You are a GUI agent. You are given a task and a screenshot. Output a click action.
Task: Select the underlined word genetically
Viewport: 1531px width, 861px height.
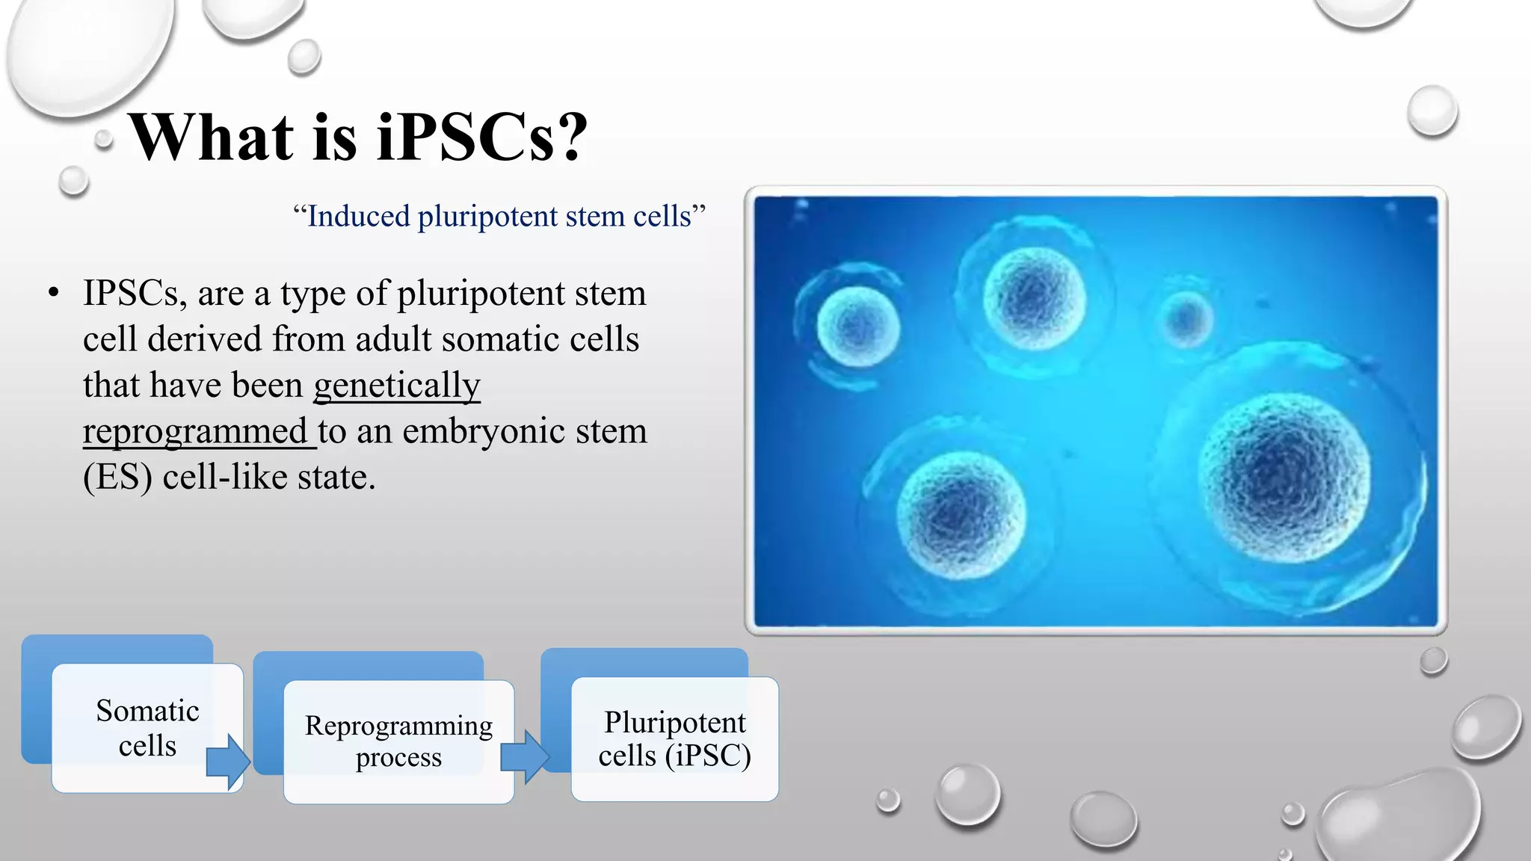click(396, 386)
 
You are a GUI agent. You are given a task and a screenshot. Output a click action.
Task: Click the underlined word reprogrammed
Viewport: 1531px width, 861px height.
click(196, 432)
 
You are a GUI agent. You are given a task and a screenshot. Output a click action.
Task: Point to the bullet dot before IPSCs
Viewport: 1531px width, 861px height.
click(53, 294)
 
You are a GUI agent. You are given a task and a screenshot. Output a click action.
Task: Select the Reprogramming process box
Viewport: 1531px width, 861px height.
click(398, 741)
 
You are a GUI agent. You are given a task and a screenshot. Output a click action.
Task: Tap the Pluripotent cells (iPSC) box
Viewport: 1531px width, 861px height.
click(674, 738)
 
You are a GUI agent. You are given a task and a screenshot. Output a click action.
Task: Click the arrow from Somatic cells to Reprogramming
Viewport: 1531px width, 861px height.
click(227, 762)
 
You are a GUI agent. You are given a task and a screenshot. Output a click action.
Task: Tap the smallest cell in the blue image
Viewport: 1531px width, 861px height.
click(1186, 319)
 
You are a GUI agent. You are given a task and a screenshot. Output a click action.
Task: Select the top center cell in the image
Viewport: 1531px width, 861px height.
click(1034, 297)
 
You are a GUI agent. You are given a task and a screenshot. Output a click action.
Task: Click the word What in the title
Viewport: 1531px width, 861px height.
click(212, 137)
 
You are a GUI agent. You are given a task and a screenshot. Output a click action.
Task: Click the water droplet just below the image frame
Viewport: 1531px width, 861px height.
click(1433, 661)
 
